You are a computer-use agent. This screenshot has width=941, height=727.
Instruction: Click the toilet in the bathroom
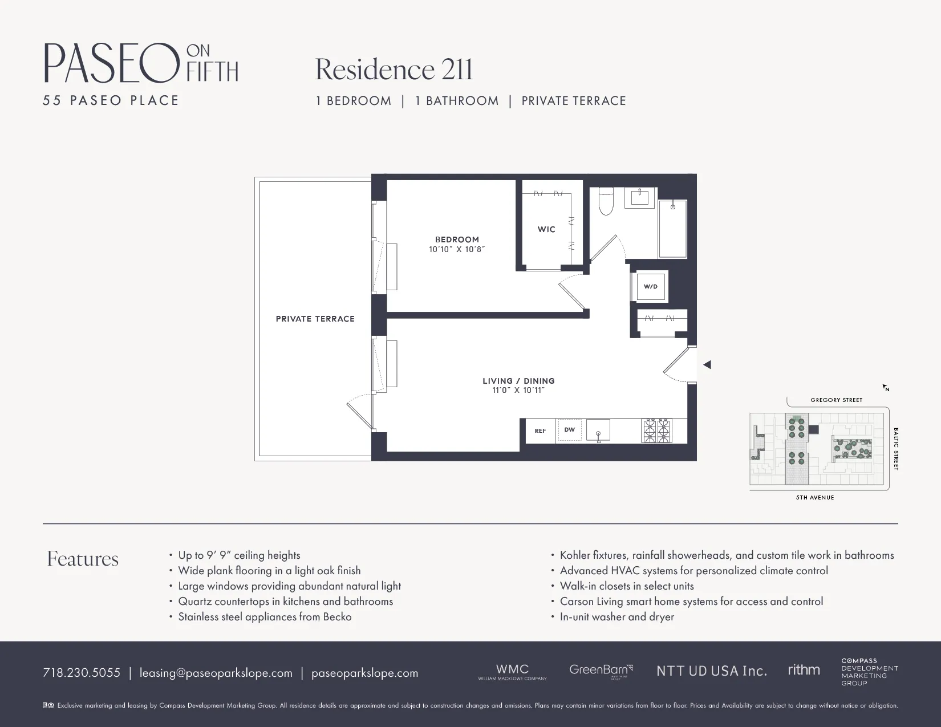[x=606, y=202]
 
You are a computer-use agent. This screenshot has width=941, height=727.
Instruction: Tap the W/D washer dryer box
[x=650, y=286]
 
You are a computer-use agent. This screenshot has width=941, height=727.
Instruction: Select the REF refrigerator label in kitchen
[x=540, y=431]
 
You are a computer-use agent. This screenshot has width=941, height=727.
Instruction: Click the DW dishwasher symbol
[x=570, y=430]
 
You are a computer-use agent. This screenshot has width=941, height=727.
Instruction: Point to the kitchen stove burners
[x=657, y=430]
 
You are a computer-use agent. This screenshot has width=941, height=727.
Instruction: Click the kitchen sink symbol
[x=598, y=430]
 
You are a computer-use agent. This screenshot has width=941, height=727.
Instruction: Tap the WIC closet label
[x=546, y=229]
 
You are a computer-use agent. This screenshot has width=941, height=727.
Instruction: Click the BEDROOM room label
[x=457, y=239]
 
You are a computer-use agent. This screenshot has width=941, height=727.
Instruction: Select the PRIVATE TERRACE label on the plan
[x=315, y=319]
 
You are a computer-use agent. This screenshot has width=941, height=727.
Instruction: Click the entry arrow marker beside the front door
[x=707, y=364]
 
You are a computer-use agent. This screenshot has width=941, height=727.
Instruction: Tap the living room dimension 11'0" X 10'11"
[x=518, y=391]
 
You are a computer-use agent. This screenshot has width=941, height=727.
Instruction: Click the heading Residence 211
[x=394, y=70]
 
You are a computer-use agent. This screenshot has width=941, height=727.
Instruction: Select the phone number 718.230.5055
[x=82, y=673]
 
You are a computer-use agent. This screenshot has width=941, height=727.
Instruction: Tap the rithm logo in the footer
[x=804, y=670]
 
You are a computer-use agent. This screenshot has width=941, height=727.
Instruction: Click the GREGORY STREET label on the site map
[x=836, y=400]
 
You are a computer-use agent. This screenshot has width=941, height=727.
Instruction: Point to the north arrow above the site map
[x=886, y=388]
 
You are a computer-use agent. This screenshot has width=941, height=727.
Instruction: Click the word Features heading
[x=83, y=559]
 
